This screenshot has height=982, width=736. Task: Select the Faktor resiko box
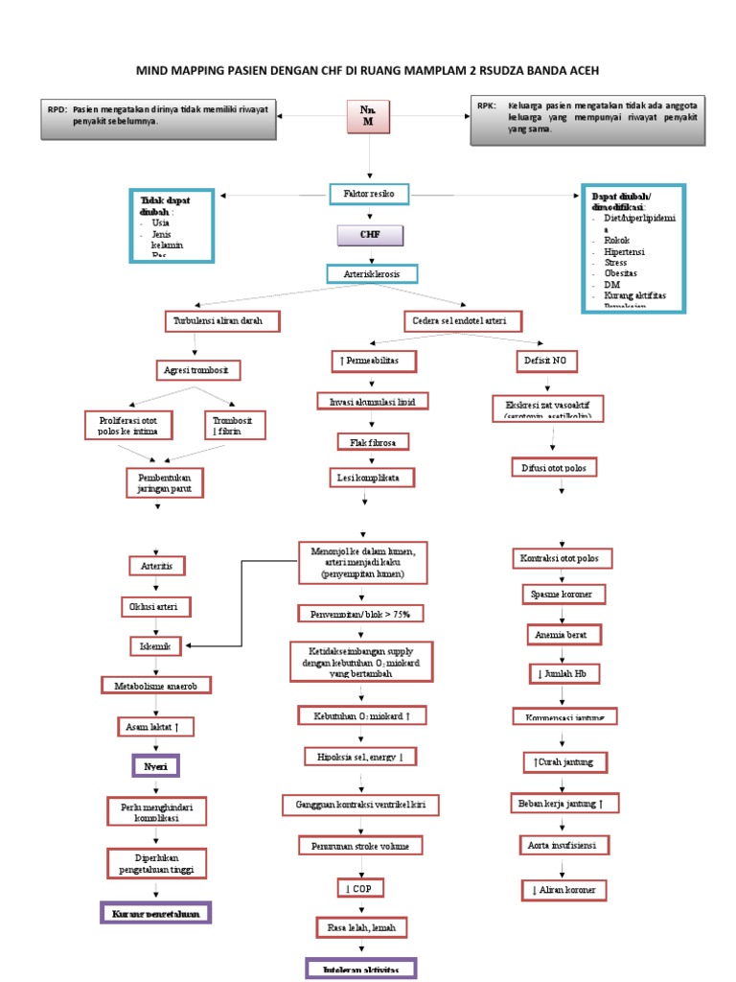369,195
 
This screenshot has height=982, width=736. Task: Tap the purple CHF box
369,236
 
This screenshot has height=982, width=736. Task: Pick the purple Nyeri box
155,767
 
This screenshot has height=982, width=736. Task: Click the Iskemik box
155,646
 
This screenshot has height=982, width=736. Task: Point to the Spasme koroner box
563,595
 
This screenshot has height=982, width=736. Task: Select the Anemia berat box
563,635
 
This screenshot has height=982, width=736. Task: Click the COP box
360,889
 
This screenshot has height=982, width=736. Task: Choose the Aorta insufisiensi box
563,845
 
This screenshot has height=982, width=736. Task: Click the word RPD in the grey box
57,109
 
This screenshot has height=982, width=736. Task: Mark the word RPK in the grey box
487,106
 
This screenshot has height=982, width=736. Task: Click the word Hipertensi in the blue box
624,250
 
